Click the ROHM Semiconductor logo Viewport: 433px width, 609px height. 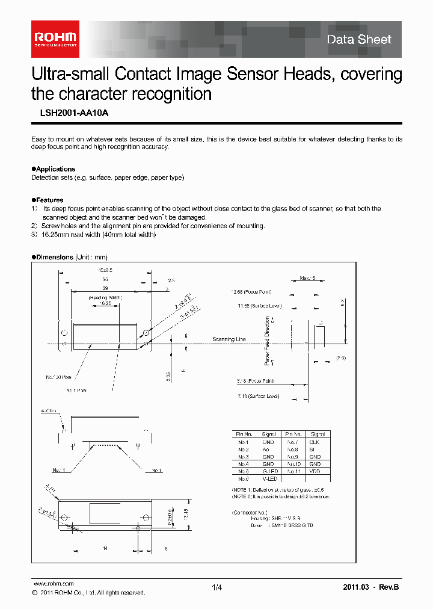tap(55, 39)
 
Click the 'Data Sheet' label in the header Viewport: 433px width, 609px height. tap(358, 40)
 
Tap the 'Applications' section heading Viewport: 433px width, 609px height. tap(55, 169)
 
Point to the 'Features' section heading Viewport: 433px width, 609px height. tap(49, 200)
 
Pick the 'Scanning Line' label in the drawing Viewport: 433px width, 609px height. tap(229, 339)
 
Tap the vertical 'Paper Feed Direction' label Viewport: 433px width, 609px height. tap(267, 341)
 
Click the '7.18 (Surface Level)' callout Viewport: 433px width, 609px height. tap(257, 397)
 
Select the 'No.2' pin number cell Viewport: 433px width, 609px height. tap(243, 450)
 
